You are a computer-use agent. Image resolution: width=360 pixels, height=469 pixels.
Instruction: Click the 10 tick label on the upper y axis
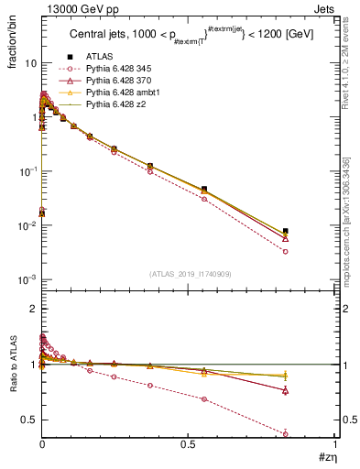click(30, 63)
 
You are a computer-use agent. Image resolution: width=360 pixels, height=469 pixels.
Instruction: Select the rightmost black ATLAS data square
click(286, 232)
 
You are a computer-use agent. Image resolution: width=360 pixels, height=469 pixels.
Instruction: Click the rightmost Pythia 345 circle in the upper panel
click(286, 251)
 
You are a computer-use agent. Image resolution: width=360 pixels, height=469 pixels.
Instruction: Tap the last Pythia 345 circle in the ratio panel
click(286, 433)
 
